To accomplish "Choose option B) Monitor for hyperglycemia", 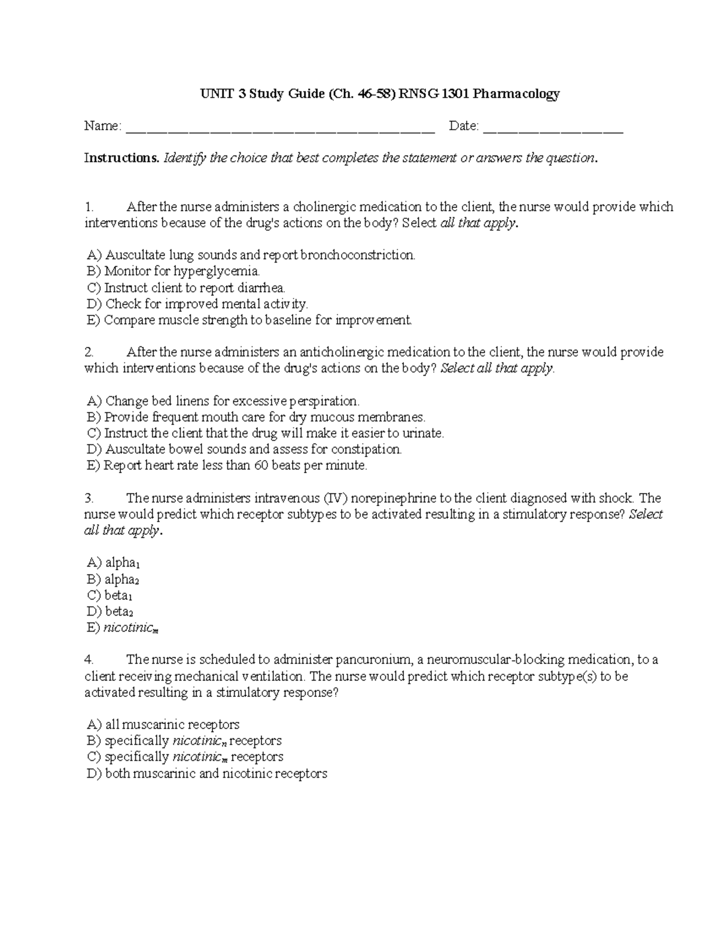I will (x=174, y=272).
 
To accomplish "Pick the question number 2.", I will (x=89, y=352).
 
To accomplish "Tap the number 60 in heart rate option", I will (x=261, y=465).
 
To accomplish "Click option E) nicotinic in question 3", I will (x=123, y=628).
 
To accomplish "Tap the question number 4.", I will (x=89, y=660).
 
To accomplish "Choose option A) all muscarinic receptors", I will (x=163, y=725).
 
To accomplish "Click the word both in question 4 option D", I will (x=118, y=773).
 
